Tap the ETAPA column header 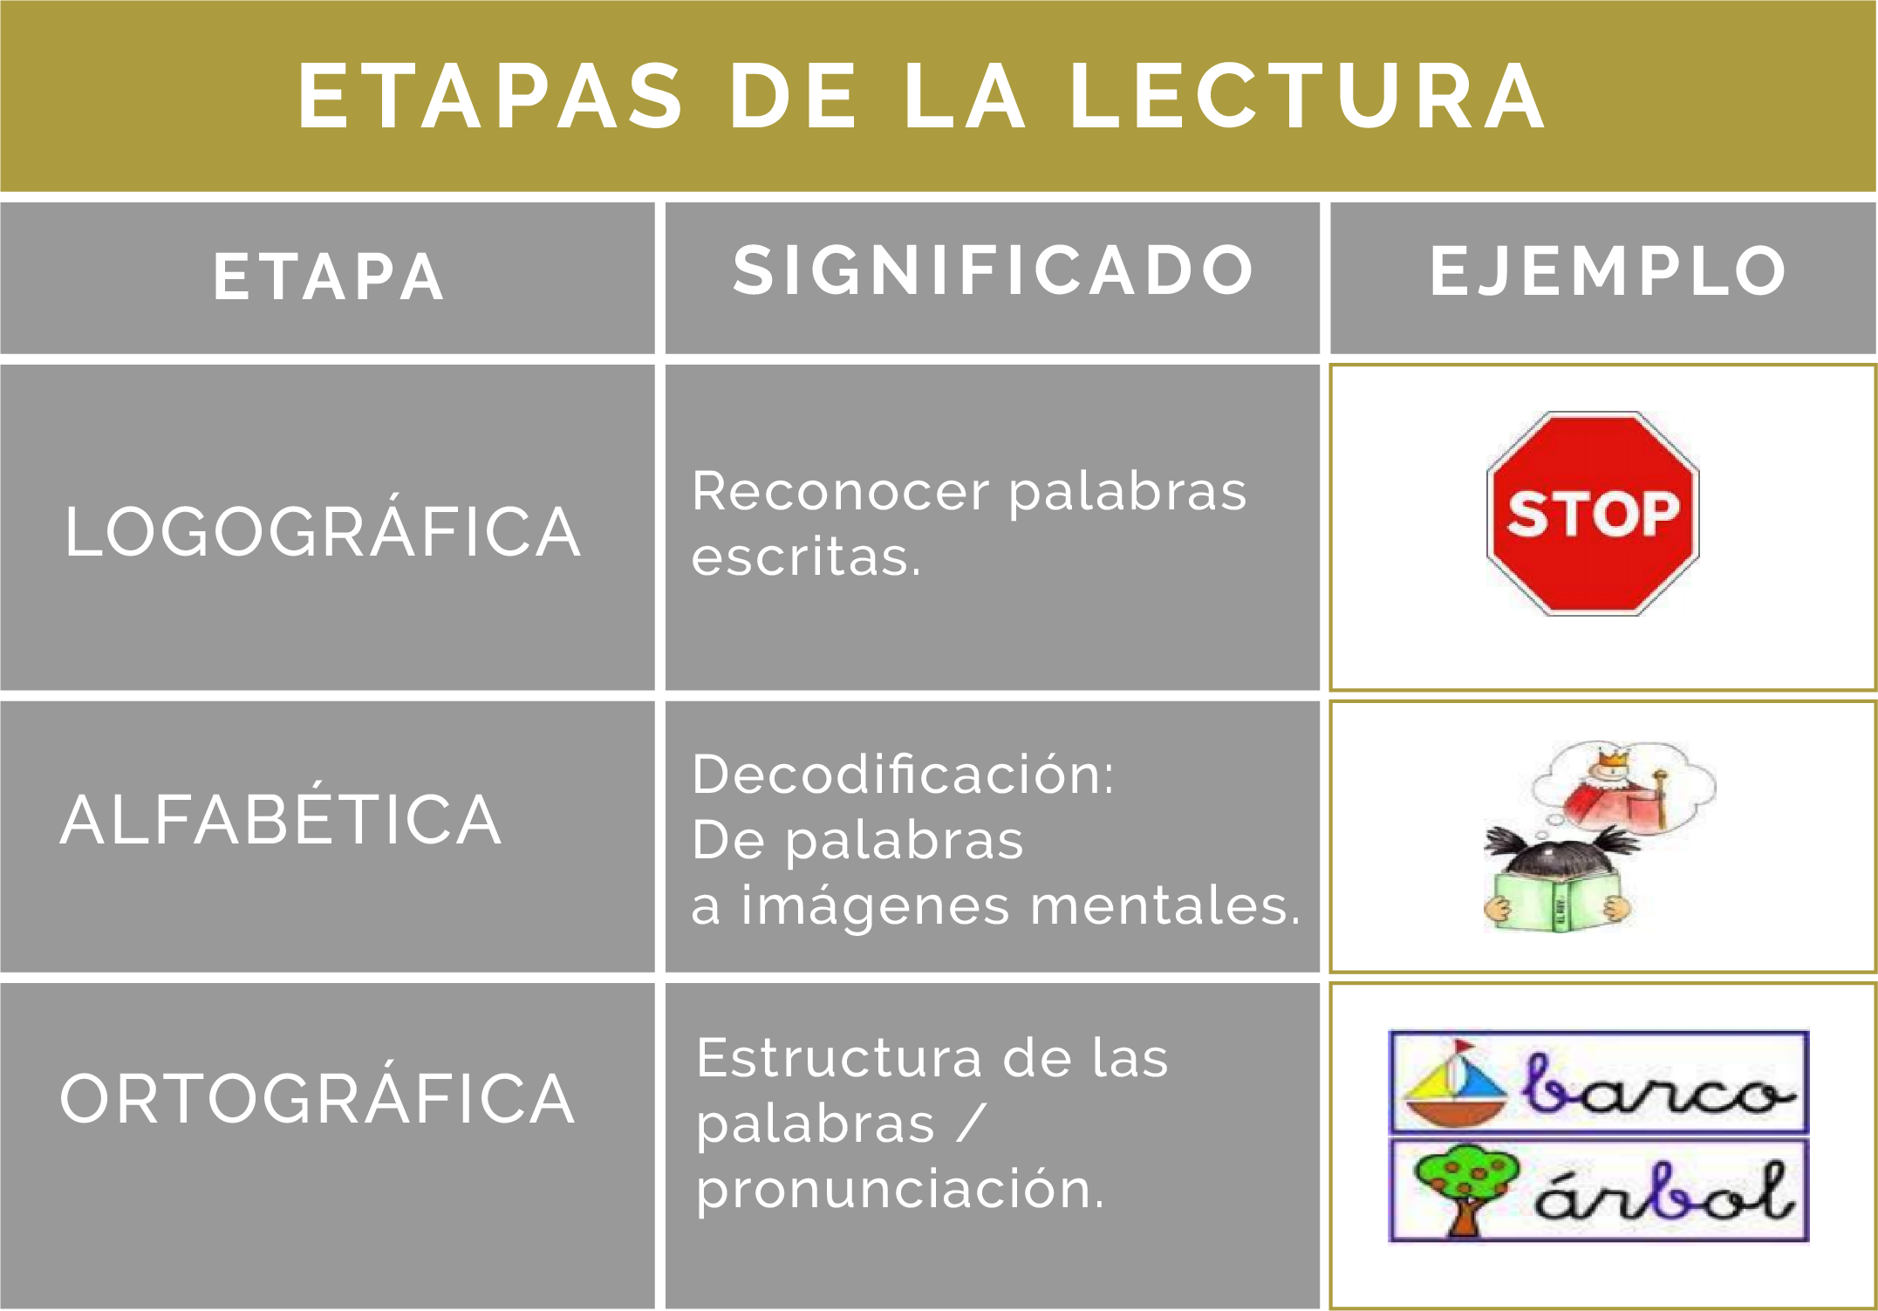point(328,277)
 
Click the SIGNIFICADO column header point(993,270)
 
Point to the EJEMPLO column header point(1608,270)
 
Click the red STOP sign point(1593,514)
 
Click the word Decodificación point(903,774)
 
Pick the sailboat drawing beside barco point(1454,1083)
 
